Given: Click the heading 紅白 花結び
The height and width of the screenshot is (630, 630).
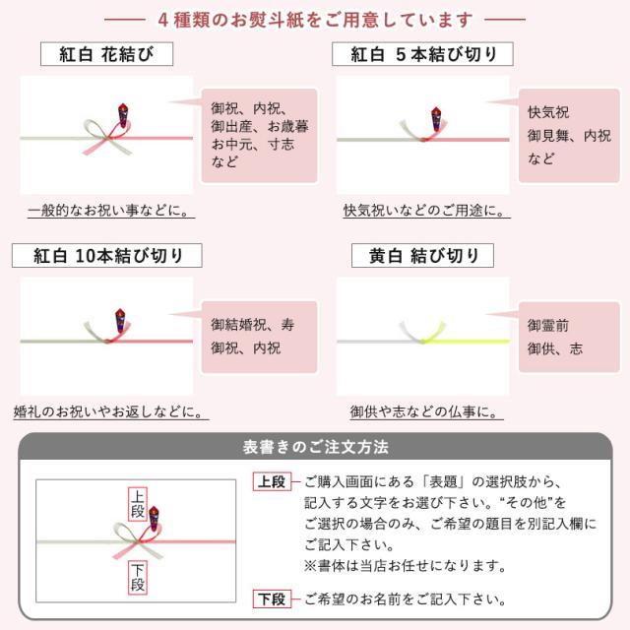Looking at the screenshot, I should (x=106, y=54).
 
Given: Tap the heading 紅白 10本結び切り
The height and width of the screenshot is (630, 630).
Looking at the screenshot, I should (x=106, y=256).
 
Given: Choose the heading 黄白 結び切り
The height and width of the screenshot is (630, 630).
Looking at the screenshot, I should (x=423, y=256).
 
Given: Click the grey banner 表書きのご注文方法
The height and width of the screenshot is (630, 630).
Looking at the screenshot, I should (x=315, y=447).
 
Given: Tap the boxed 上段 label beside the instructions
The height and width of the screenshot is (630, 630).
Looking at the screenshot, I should (x=271, y=482).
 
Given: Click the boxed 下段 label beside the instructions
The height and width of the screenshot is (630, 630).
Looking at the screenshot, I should (x=271, y=598).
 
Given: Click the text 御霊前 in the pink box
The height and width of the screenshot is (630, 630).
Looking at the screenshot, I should (x=547, y=325).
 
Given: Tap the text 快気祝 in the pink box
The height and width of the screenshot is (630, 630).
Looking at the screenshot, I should (x=548, y=111).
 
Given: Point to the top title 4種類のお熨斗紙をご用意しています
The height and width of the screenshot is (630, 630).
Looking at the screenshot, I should (x=315, y=19).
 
